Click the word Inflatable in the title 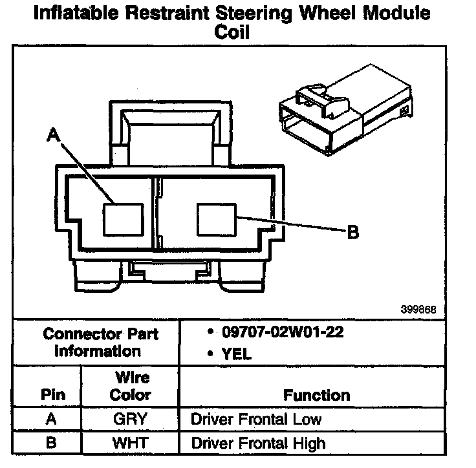(x=76, y=14)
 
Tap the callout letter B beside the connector (x=353, y=232)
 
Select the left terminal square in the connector (x=123, y=218)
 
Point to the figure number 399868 (x=418, y=310)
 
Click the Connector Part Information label (x=100, y=343)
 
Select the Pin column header (x=53, y=394)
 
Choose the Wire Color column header (x=130, y=385)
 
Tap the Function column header (x=316, y=394)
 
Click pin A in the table (x=52, y=419)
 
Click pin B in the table (x=52, y=443)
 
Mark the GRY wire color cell (x=130, y=419)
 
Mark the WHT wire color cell (x=130, y=443)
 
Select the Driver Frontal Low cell (x=256, y=419)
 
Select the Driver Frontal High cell (x=258, y=443)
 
